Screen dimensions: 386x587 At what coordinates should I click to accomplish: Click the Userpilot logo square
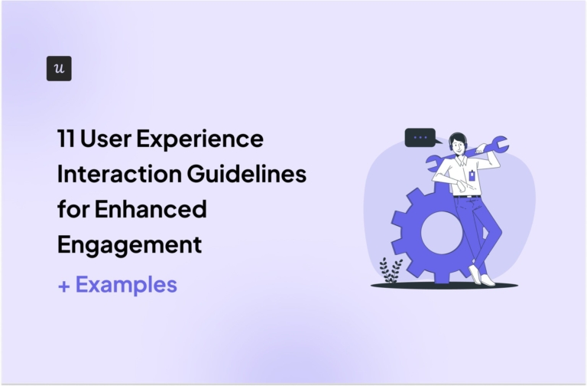coord(59,68)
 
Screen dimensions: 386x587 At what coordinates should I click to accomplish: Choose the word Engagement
coord(129,244)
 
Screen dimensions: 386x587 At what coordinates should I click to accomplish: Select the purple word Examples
coord(126,285)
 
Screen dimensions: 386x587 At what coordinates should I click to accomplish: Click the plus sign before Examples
coord(63,286)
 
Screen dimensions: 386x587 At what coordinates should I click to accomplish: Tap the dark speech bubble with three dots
coord(420,138)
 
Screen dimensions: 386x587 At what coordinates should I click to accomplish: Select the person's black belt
coord(467,197)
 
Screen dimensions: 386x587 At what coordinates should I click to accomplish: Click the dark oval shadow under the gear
coord(443,286)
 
